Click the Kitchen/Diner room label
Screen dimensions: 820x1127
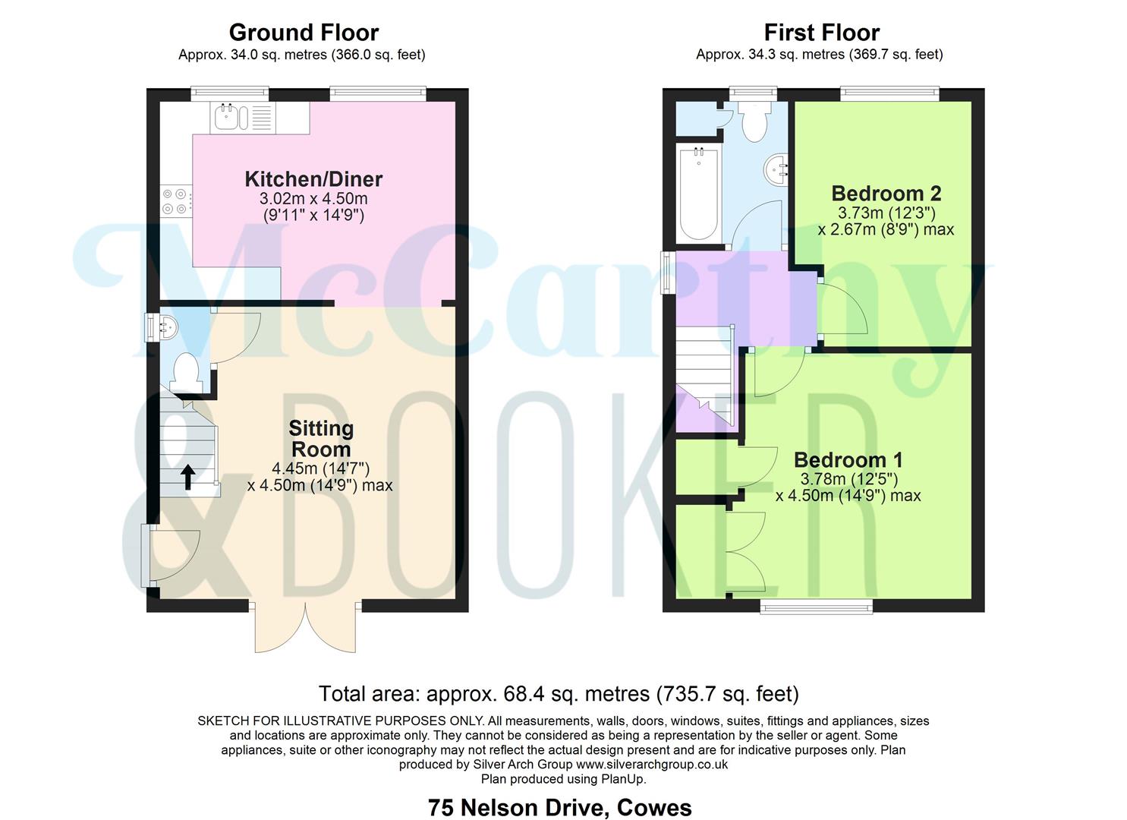[313, 179]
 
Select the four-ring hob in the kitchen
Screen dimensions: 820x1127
[174, 200]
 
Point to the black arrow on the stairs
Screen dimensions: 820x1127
[187, 476]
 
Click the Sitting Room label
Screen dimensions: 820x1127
[321, 438]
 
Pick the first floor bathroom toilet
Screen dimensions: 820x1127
[755, 122]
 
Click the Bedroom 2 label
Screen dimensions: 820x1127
[886, 193]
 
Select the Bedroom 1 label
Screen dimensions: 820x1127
[848, 460]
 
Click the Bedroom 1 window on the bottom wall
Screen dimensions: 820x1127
[816, 605]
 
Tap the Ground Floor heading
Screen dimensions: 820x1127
[304, 33]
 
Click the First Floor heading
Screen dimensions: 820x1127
[821, 33]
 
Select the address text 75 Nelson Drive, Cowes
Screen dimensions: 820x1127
[559, 807]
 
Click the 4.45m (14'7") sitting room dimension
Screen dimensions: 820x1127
[320, 468]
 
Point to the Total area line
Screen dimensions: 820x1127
[559, 693]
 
